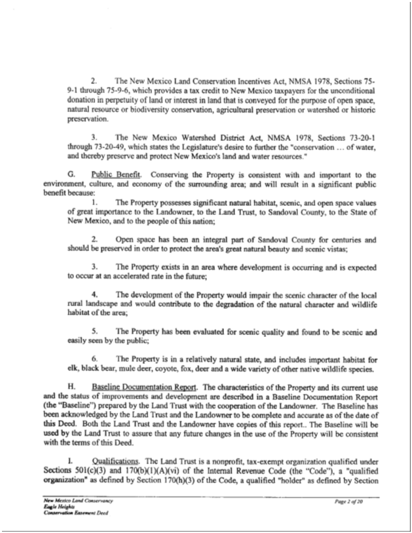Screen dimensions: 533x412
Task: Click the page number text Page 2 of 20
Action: point(354,501)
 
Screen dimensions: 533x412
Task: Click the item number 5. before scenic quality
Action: point(95,332)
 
